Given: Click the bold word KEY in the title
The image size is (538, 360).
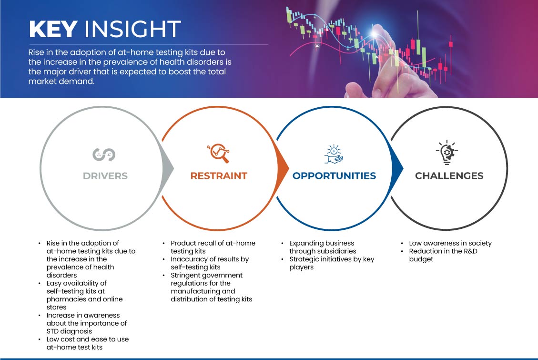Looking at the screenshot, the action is point(53,29).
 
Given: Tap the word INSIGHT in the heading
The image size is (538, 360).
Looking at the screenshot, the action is point(132,29).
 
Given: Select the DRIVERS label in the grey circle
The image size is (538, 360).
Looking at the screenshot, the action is point(105,176).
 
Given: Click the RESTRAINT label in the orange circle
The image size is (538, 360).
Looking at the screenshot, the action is point(219,176).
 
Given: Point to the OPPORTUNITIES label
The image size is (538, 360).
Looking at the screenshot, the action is point(334,176).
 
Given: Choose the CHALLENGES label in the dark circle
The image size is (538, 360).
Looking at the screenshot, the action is point(449,176).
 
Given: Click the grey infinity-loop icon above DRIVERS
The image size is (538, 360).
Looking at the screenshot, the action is point(104,154).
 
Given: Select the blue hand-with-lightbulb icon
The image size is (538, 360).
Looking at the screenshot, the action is point(334,154).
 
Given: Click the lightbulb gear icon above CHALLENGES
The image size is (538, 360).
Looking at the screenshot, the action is point(447,153).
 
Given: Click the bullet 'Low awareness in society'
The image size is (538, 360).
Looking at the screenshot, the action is point(450,243).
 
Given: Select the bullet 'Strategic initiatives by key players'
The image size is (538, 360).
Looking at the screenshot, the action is point(332,263).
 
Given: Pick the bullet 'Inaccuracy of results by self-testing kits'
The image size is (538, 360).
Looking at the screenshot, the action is point(210,263).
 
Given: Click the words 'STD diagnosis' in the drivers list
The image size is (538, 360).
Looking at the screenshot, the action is point(69,331).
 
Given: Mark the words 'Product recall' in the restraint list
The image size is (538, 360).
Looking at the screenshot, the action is point(193,243).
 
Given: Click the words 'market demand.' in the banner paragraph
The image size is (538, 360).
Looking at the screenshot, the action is point(61,82).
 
